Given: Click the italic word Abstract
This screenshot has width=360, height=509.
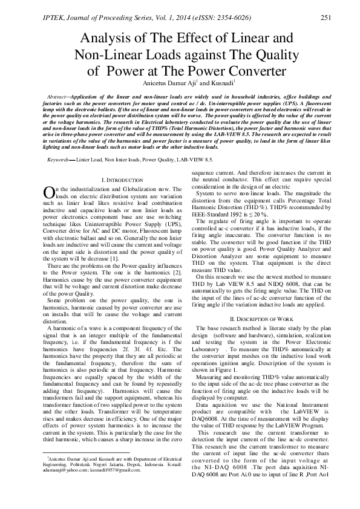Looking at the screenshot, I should pos(57,97).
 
